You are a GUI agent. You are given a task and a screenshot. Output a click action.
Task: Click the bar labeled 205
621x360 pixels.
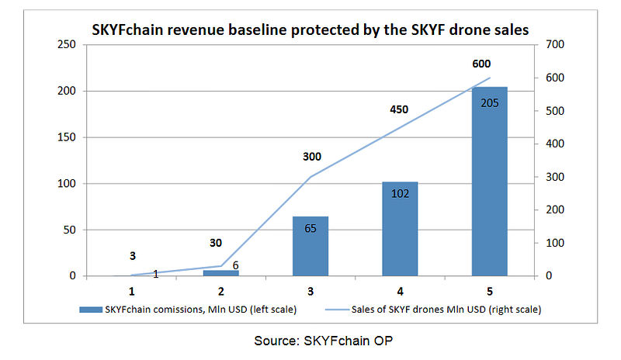(490, 182)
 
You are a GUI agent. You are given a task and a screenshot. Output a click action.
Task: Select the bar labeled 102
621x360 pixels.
(400, 229)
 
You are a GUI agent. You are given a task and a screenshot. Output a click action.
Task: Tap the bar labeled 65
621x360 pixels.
(310, 246)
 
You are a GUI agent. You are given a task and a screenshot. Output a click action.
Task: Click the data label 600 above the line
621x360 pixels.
(481, 64)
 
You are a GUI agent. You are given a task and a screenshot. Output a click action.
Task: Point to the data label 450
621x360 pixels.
(399, 109)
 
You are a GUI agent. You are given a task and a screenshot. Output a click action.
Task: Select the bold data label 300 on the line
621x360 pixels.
(312, 157)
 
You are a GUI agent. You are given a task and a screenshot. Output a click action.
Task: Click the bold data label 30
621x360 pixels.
(216, 243)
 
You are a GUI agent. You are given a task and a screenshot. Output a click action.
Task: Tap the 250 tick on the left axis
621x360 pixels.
(67, 44)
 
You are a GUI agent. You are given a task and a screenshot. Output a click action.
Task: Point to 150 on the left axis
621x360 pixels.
(67, 137)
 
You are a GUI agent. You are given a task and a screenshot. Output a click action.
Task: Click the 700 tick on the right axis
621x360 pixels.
(555, 44)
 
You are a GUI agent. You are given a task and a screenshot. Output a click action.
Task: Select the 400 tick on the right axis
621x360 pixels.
(555, 144)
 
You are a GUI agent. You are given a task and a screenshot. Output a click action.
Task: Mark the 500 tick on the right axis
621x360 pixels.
(555, 110)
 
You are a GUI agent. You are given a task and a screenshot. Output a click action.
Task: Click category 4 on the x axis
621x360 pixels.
(400, 292)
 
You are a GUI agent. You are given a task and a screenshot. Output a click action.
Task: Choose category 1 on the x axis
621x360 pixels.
(132, 292)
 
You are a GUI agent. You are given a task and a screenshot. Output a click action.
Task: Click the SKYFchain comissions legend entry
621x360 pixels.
(188, 310)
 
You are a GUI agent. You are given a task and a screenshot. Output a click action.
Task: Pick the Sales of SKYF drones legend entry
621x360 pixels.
(433, 310)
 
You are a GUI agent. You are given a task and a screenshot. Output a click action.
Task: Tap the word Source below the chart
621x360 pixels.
(276, 341)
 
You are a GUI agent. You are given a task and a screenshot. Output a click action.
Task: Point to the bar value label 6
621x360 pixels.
(236, 265)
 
